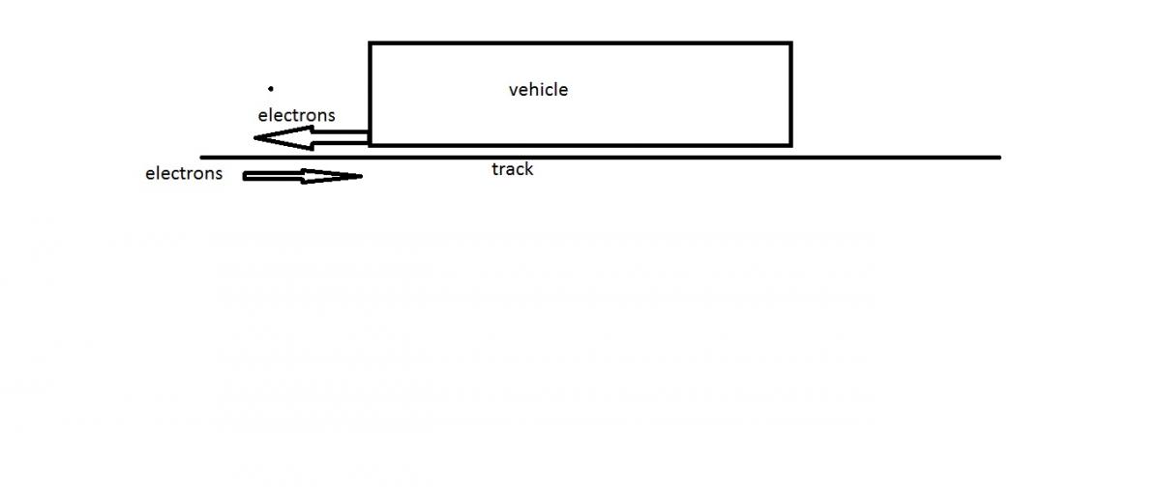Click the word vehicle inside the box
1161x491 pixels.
pos(538,90)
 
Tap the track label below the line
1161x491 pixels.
pos(512,169)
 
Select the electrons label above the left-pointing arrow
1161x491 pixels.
pos(296,115)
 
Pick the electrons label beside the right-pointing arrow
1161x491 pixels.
pos(184,174)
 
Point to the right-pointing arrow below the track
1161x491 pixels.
pos(302,176)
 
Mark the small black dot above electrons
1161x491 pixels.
pos(271,88)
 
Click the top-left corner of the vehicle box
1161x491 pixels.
pos(371,43)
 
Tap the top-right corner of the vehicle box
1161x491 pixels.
pos(790,43)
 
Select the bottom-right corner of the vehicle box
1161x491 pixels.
pos(790,145)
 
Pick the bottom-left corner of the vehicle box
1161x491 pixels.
pos(371,145)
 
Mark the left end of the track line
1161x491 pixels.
pos(201,157)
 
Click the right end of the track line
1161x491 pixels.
pos(999,157)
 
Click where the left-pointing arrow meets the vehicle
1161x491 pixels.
pos(368,139)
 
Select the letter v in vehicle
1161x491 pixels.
pos(513,91)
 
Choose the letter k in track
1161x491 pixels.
pos(528,169)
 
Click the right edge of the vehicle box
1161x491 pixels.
pos(790,94)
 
